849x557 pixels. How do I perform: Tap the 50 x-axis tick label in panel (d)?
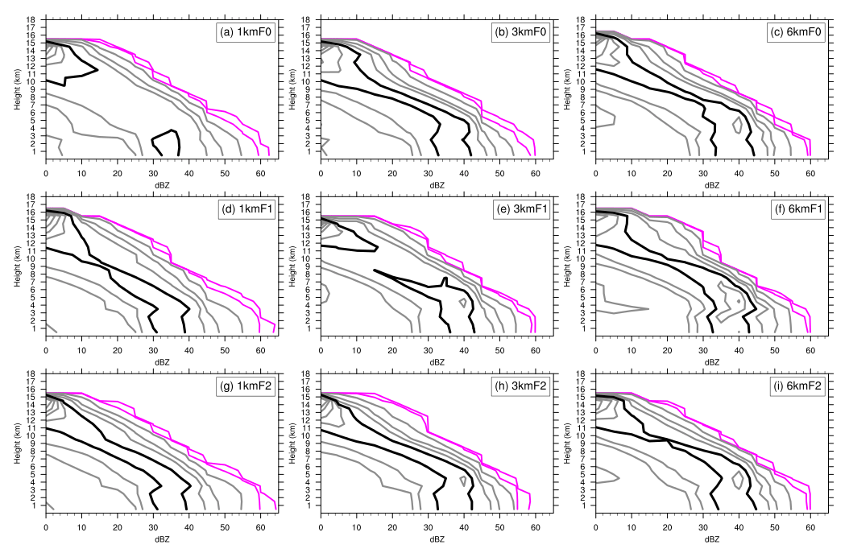click(x=225, y=346)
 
